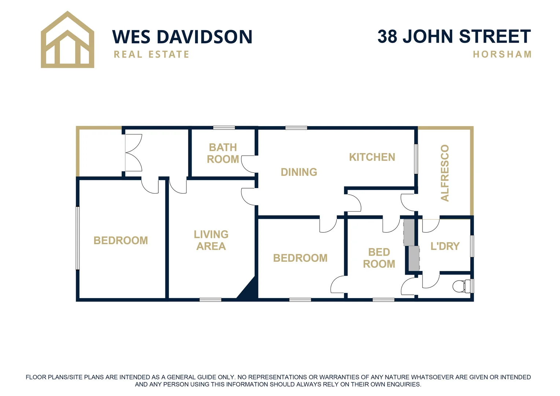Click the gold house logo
(x=67, y=40)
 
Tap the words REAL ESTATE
(x=151, y=55)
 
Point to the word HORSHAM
(x=502, y=55)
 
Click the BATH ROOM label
(x=223, y=153)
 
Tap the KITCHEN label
(x=372, y=157)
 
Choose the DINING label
(x=299, y=172)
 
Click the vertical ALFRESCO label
(x=445, y=173)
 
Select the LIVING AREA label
(x=211, y=240)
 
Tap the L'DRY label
(x=445, y=246)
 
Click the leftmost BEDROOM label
(x=121, y=241)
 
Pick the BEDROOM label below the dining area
(x=300, y=258)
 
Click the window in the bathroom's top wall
(x=224, y=128)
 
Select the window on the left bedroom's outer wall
(x=78, y=238)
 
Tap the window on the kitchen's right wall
(x=416, y=159)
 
